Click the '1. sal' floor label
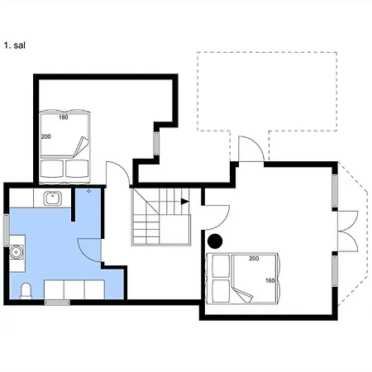(15, 45)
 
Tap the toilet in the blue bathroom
(26, 291)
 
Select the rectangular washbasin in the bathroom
(52, 198)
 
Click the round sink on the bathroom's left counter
(16, 251)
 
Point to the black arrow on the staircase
(185, 202)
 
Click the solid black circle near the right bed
(215, 241)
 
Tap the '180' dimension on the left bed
(64, 117)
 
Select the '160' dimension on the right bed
(270, 280)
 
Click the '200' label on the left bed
(46, 136)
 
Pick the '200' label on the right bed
(254, 259)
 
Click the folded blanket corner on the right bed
(242, 294)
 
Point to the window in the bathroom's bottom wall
(57, 303)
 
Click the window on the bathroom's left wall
(7, 230)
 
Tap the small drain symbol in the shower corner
(89, 191)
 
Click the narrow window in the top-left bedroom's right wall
(156, 143)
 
